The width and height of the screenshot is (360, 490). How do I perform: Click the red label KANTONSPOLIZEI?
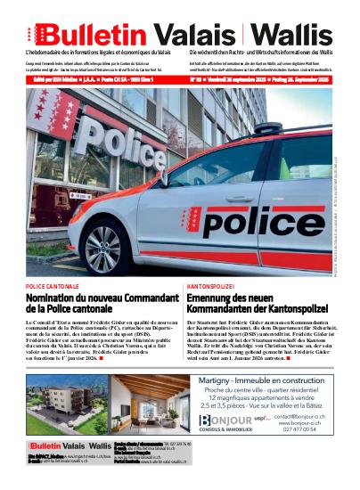[x=210, y=288]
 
